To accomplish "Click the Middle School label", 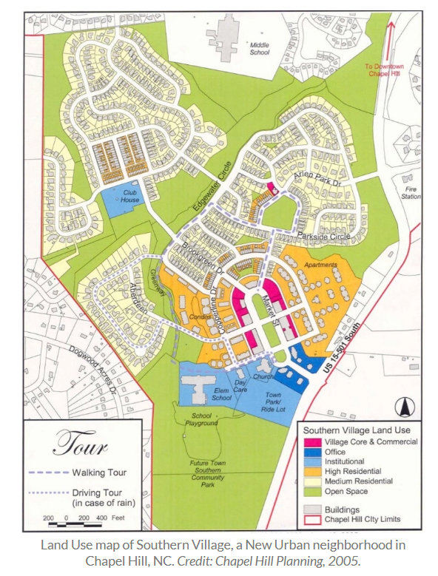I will tap(259, 49).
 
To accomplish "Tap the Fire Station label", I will tap(411, 193).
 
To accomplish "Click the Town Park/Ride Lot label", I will tap(277, 399).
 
